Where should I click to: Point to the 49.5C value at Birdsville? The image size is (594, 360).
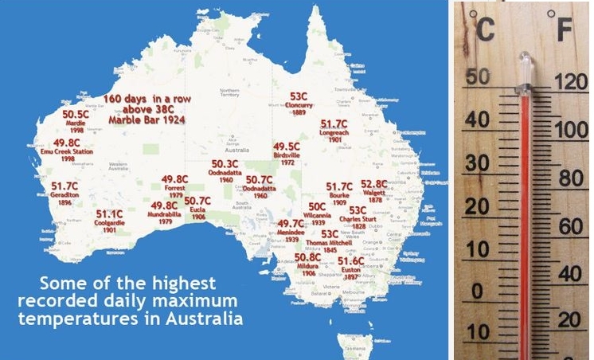287,147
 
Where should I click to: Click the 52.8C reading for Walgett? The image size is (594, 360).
374,184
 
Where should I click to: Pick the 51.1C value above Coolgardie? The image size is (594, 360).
109,214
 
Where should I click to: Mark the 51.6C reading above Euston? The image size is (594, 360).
350,260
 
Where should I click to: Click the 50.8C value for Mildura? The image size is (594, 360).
308,258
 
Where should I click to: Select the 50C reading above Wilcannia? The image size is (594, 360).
317,206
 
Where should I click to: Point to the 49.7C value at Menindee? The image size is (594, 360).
291,225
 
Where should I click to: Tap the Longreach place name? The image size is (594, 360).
334,133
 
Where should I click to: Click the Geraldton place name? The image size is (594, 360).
64,194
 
